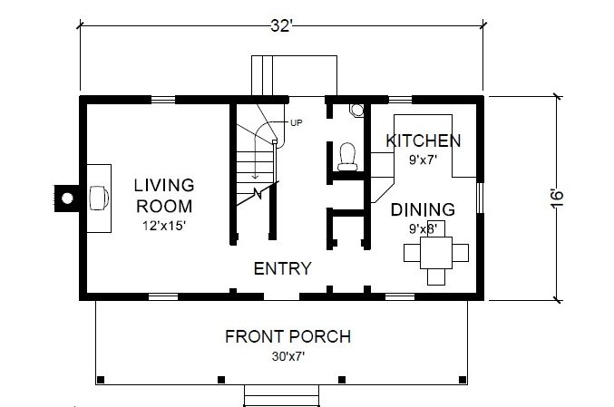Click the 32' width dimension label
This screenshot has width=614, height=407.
[x=281, y=26]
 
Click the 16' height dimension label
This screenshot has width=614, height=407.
[x=557, y=199]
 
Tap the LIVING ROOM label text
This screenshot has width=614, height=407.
[x=164, y=196]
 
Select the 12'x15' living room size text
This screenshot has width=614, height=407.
[x=163, y=226]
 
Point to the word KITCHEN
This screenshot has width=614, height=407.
[x=424, y=141]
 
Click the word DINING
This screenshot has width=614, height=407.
[x=424, y=209]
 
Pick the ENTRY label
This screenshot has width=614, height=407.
[x=282, y=268]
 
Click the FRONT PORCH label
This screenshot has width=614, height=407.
[x=288, y=336]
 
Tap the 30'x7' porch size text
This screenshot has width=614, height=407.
[x=288, y=356]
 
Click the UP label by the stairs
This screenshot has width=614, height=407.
[x=297, y=123]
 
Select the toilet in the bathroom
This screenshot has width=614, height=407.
[x=347, y=157]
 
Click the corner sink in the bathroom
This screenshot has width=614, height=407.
[x=356, y=110]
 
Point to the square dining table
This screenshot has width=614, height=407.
[x=436, y=252]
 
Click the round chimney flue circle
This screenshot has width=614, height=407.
[x=67, y=199]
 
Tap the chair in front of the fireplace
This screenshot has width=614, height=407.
[x=99, y=198]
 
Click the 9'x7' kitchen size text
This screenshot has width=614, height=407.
[x=424, y=160]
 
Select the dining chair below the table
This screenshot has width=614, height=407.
[x=436, y=276]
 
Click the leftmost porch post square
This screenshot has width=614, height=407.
[x=101, y=380]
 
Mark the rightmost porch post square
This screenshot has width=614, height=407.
[x=463, y=380]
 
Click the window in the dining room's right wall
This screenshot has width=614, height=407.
[x=481, y=198]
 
